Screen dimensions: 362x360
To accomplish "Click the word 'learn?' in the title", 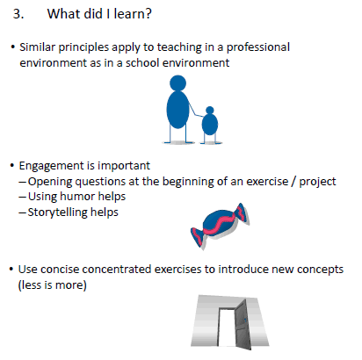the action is (133, 14).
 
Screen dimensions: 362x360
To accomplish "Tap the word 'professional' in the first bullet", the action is (258, 47).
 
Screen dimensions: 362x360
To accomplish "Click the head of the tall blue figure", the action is (177, 83).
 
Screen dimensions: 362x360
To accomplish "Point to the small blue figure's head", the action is (210, 111).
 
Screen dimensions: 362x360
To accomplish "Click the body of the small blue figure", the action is (210, 124).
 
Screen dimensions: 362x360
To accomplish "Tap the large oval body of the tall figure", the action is (177, 109).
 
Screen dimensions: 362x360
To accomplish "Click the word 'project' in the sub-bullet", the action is (317, 182).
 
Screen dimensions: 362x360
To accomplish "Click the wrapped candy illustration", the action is (221, 226).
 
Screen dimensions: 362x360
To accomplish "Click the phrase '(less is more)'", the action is (53, 285).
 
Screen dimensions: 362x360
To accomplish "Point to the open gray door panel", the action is (243, 324).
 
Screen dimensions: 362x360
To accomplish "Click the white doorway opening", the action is (228, 328).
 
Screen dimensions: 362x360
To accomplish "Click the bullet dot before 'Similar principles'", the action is (12, 47).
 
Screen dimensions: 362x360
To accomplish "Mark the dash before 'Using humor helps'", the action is (23, 197).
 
